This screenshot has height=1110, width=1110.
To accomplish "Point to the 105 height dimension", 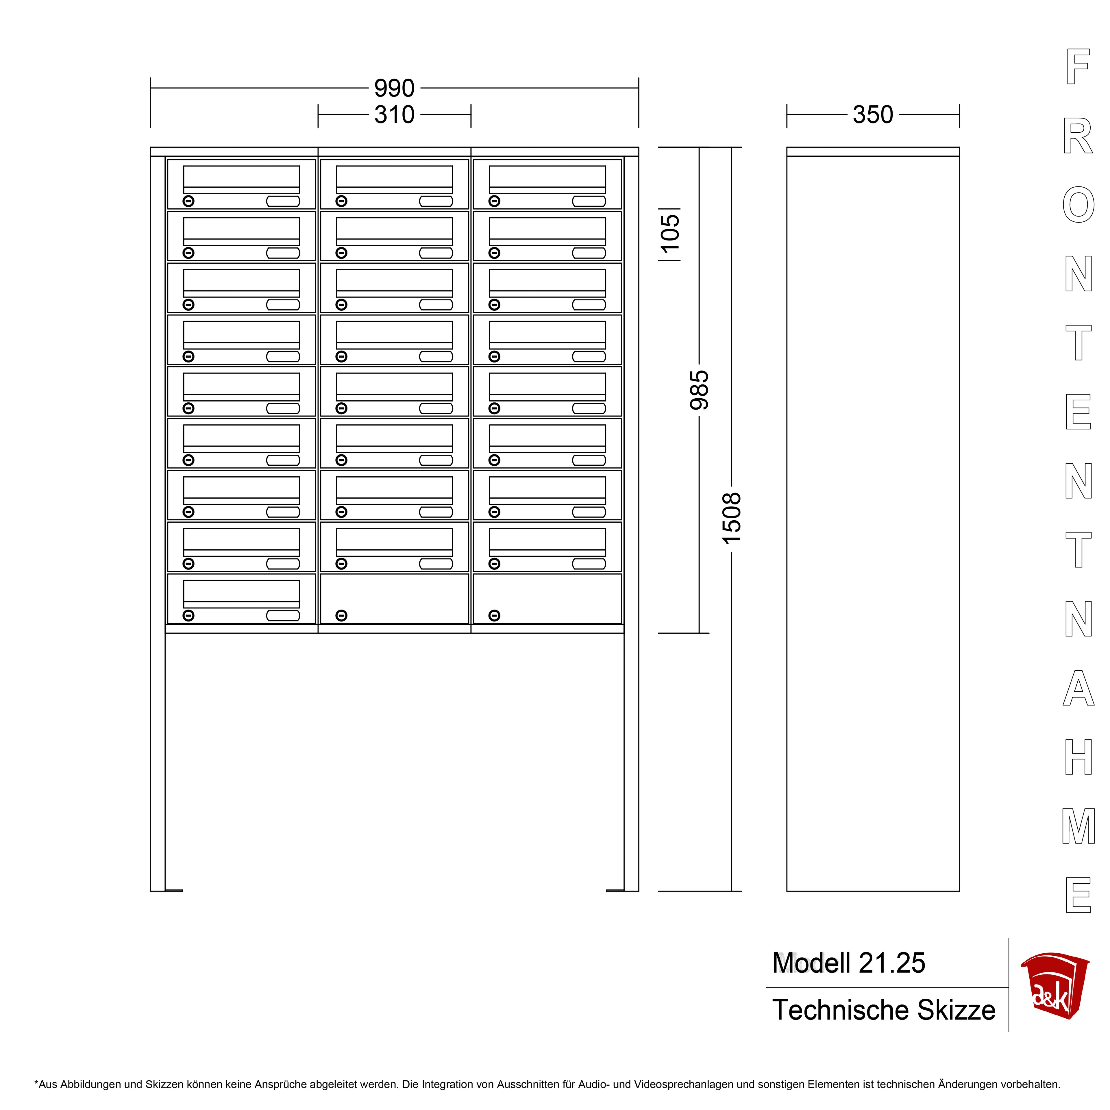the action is (670, 233).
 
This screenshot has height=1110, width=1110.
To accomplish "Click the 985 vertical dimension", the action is (699, 390).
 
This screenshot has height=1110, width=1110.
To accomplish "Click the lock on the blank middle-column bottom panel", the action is (341, 615).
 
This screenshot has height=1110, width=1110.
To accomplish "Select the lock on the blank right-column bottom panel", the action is (494, 615).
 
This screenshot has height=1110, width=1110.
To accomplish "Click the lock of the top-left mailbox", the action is (188, 201).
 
